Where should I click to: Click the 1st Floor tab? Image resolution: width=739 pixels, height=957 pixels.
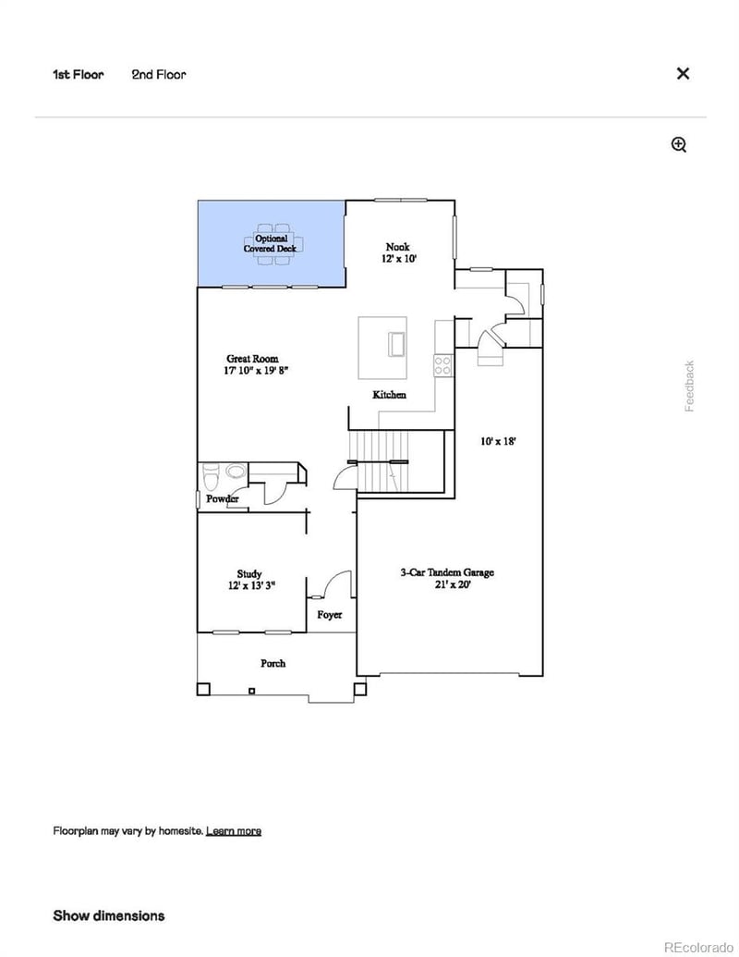point(78,74)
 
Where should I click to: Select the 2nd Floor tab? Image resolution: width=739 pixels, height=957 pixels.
point(158,74)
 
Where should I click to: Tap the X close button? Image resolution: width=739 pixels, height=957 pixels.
point(683,74)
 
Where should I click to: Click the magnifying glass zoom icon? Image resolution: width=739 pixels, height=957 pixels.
point(679,144)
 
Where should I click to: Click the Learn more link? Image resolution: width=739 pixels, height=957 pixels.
point(233,830)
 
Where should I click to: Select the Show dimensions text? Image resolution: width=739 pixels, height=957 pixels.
point(109,915)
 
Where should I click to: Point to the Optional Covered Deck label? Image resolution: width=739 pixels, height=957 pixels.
point(265,243)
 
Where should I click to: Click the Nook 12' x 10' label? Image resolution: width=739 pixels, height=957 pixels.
point(397,252)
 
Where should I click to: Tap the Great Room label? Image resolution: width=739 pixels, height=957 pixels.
point(252,364)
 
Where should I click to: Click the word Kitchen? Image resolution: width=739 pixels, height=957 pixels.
point(389,395)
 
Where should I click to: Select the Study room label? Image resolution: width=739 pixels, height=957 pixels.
point(248,579)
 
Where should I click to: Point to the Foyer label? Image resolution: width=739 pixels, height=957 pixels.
point(329,615)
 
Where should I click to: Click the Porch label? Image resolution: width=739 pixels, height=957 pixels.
point(273,663)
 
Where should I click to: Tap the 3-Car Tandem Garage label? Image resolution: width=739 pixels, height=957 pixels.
point(447,578)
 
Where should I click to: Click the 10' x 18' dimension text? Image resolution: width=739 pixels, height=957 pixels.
point(498,441)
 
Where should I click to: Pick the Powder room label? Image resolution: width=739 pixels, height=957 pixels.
point(222,499)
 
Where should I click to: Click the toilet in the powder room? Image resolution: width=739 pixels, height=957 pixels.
point(210,477)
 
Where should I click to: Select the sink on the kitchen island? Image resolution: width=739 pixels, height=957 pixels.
point(397,343)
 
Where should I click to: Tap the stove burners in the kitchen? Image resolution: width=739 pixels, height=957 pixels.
point(442,364)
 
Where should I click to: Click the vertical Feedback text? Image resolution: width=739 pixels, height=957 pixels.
point(689,386)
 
